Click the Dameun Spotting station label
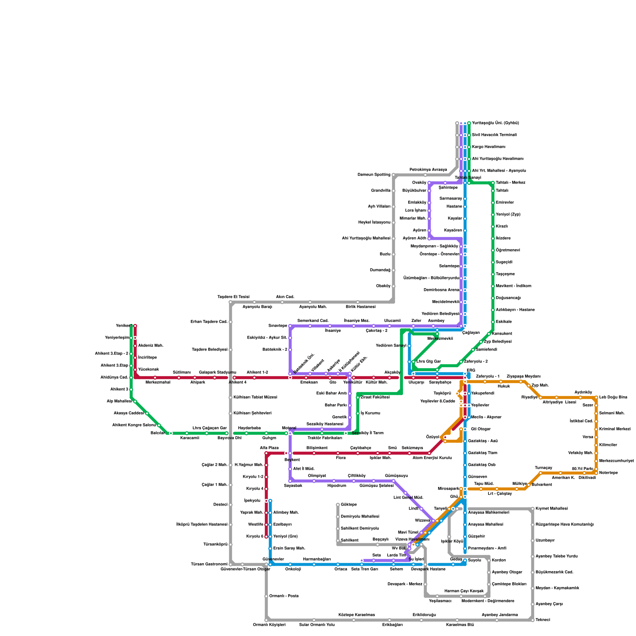click(x=374, y=175)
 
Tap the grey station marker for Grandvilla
click(x=394, y=191)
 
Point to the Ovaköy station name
click(x=419, y=183)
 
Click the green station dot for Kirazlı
click(x=493, y=227)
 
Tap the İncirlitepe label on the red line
click(x=147, y=358)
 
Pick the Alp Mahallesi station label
click(x=119, y=401)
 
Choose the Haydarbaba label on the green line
click(x=249, y=428)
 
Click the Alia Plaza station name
click(x=269, y=448)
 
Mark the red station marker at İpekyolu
click(x=266, y=501)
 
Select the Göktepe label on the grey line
click(x=349, y=505)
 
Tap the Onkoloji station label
click(x=293, y=569)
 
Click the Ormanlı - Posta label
click(x=284, y=596)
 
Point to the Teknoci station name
click(x=543, y=620)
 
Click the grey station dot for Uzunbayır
click(x=533, y=541)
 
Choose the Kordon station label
click(x=499, y=560)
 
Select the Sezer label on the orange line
click(x=588, y=405)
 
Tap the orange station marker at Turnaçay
click(x=541, y=473)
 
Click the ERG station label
click(x=471, y=370)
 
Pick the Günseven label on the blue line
click(x=477, y=477)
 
